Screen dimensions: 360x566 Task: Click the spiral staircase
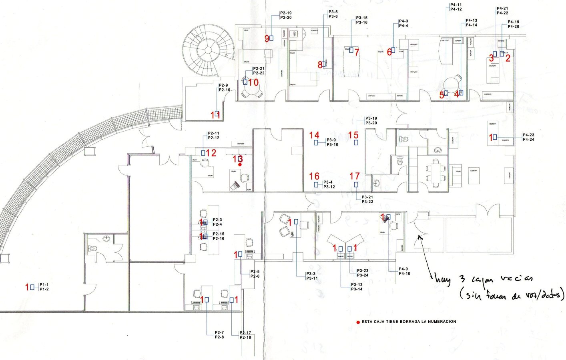tap(208, 50)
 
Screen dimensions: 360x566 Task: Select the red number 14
tap(314, 136)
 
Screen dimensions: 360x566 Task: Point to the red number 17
tap(355, 176)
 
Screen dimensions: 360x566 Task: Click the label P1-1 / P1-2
tap(44, 287)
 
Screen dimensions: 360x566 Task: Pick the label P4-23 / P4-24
tap(528, 137)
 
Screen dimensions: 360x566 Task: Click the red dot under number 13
tap(240, 164)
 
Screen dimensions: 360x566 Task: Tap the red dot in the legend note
tap(358, 322)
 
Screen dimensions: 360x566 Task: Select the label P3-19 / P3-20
tap(371, 120)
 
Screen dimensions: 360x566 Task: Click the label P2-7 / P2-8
tap(219, 335)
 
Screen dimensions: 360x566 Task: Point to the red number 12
tap(211, 153)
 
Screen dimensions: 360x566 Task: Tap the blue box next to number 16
tap(316, 184)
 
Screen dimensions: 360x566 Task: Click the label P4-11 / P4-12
tap(456, 7)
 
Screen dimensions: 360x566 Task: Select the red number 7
tap(357, 52)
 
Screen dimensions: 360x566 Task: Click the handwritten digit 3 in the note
tap(462, 279)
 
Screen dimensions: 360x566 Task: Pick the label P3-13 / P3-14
tap(357, 287)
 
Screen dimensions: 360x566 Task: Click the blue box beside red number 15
tap(356, 142)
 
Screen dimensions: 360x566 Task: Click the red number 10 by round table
tap(253, 82)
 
